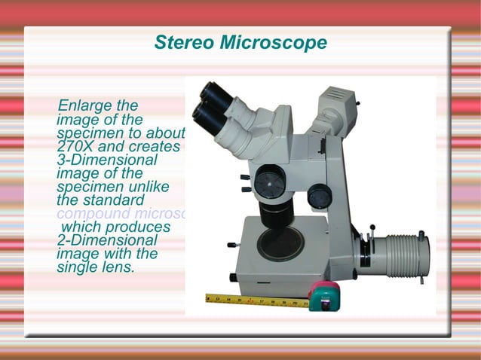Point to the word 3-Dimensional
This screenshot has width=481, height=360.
pyautogui.click(x=107, y=160)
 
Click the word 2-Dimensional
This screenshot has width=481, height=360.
pyautogui.click(x=107, y=240)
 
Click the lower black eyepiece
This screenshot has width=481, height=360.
pyautogui.click(x=205, y=114)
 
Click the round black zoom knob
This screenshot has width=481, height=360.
pyautogui.click(x=268, y=181)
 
